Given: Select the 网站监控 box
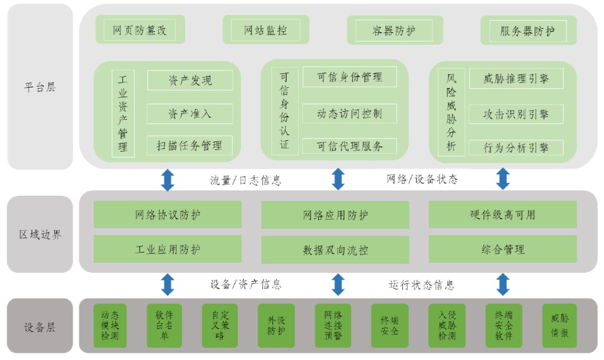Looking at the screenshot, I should (266, 30).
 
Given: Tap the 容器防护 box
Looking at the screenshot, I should (394, 30).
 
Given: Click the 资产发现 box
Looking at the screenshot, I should (190, 80).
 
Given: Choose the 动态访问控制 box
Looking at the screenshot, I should (350, 113).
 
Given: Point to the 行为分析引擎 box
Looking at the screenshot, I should (516, 148).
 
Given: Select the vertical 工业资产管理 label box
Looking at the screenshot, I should (123, 113).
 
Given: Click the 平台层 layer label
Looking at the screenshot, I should (40, 87).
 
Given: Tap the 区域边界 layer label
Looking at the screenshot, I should (40, 234).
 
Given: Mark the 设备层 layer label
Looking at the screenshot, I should (40, 327).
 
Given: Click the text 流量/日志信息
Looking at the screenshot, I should (246, 180).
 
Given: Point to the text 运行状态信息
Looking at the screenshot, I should (422, 285).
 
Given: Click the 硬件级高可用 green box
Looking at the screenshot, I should (502, 215).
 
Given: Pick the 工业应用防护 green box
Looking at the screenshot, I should (167, 249).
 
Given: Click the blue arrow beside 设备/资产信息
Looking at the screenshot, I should (168, 284).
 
